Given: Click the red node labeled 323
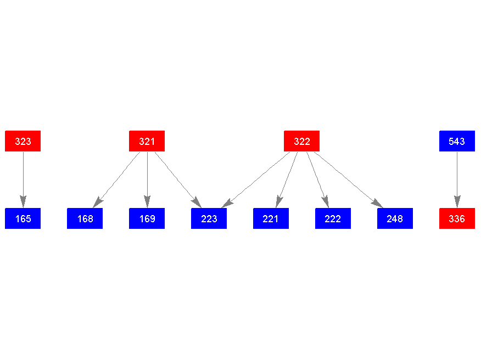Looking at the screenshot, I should point(23,141).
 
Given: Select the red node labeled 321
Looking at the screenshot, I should point(147,141).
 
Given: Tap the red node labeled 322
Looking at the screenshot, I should point(301,141).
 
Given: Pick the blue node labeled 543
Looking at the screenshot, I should point(457,141).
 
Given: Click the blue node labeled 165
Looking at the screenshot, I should point(23,218).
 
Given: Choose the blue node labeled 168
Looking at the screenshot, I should point(85,218).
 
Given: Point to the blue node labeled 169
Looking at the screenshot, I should point(147,218).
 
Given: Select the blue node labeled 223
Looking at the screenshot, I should point(209,218).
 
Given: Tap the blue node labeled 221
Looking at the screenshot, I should point(271,218).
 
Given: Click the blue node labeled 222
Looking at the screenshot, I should point(333,218).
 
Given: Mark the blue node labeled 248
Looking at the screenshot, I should point(395,218).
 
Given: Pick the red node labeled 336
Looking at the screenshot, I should point(457,218).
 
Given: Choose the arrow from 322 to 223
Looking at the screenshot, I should point(256,179).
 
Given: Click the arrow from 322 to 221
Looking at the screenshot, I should point(287,179).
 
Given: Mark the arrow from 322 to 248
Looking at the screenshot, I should point(348,179).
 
